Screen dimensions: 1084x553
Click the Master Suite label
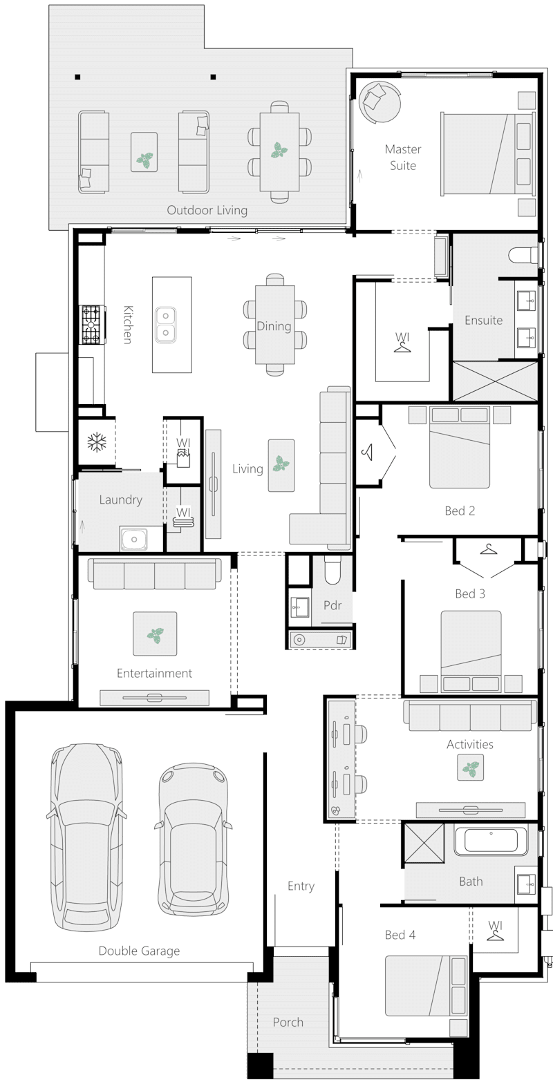click(402, 158)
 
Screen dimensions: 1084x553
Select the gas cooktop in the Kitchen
click(92, 325)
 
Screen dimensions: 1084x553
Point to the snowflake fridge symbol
click(95, 442)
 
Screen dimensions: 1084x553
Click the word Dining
click(274, 326)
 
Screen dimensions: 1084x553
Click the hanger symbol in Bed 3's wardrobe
click(489, 549)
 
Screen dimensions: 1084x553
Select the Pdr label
click(332, 605)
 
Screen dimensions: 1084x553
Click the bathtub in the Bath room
click(490, 841)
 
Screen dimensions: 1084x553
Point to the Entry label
click(301, 886)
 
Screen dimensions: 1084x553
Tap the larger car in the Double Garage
click(87, 836)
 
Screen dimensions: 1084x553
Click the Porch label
click(288, 1022)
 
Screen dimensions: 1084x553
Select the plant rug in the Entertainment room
click(155, 634)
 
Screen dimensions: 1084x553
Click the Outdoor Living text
click(207, 210)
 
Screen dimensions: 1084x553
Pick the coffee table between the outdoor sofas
click(144, 152)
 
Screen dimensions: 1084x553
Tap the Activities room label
click(470, 744)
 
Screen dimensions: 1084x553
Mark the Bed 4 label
click(400, 935)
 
